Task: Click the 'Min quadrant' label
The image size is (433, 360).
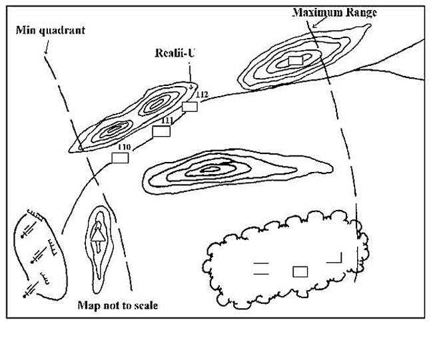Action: [45, 30]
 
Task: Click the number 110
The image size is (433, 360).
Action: [123, 147]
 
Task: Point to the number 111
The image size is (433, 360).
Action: [167, 120]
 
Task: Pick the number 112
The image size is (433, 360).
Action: [203, 95]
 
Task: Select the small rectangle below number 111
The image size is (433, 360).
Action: [162, 131]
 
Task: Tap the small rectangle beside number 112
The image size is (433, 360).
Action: [191, 106]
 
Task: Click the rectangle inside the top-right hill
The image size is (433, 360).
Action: [295, 61]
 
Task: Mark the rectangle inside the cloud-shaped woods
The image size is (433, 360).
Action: [300, 271]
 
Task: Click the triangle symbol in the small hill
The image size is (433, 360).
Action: [98, 233]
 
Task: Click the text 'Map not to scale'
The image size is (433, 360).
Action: [118, 305]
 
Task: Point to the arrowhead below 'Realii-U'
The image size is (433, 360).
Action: [191, 86]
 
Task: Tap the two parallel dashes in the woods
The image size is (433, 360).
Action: [261, 269]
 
